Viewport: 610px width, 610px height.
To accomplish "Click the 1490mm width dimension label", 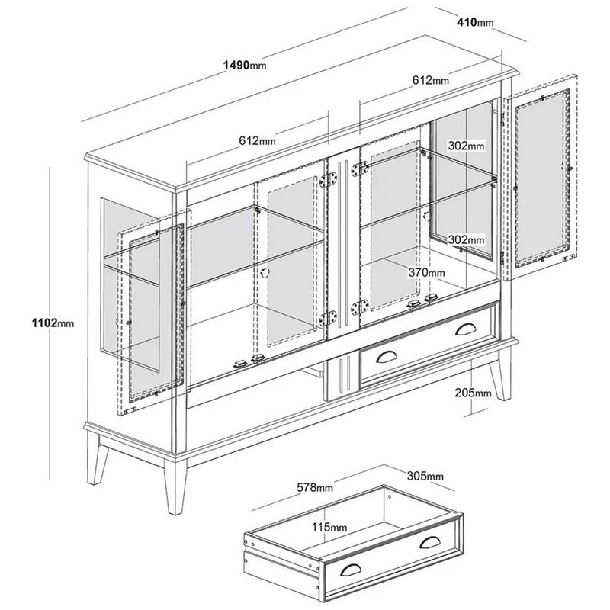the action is (x=245, y=65).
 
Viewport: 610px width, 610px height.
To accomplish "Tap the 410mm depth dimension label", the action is (x=475, y=23).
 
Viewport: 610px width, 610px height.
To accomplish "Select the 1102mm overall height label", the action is (x=53, y=323).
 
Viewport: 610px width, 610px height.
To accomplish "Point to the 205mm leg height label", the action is (x=473, y=393).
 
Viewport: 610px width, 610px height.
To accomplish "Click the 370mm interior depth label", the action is (x=426, y=273).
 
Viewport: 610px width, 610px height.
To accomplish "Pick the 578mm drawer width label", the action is (x=315, y=487).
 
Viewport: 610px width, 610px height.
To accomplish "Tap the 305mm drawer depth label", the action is (x=425, y=476).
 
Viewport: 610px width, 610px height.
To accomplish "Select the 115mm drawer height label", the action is (x=329, y=527).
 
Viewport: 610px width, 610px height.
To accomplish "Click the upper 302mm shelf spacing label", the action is (x=466, y=146).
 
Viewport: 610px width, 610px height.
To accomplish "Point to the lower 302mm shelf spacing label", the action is (x=466, y=239).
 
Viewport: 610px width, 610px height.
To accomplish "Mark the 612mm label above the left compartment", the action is (x=257, y=140).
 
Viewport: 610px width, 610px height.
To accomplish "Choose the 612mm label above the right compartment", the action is (x=431, y=80).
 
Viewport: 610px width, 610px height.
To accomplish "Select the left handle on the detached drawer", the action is (x=351, y=569).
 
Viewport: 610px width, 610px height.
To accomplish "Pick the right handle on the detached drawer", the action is (x=429, y=542).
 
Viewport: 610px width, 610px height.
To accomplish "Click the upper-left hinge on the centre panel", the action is (x=329, y=180).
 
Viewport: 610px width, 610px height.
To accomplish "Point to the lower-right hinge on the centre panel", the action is (x=360, y=307).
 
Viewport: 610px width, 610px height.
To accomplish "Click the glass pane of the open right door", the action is (x=542, y=179).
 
